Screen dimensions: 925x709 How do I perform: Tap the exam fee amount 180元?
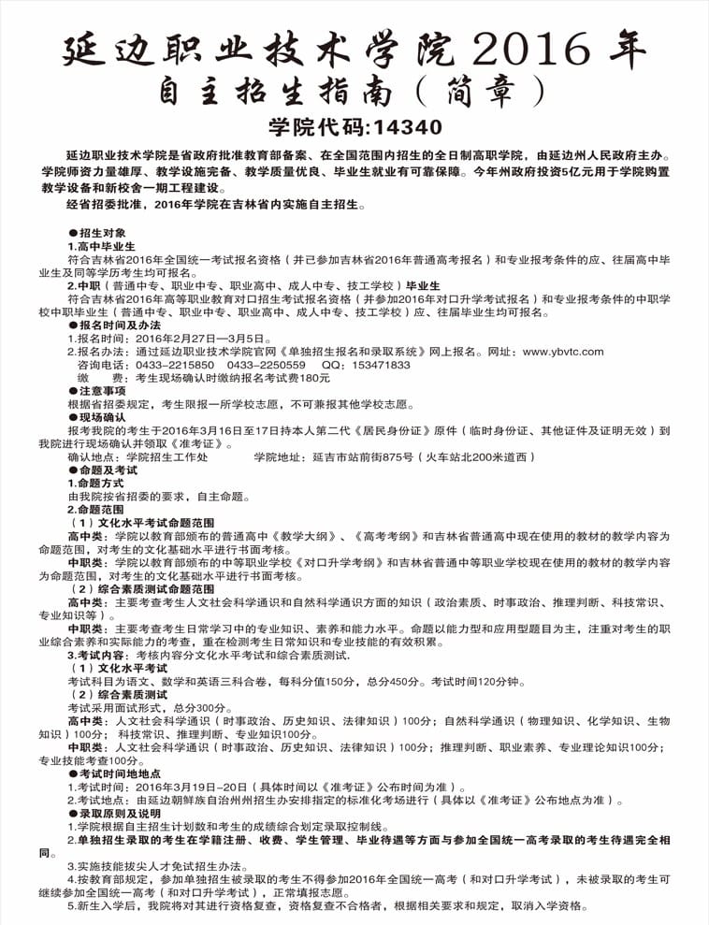[x=313, y=378]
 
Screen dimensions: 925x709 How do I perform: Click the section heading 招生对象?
[x=109, y=232]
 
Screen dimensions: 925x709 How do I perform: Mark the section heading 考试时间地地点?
[x=126, y=774]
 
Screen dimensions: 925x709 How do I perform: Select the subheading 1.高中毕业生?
[x=102, y=245]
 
